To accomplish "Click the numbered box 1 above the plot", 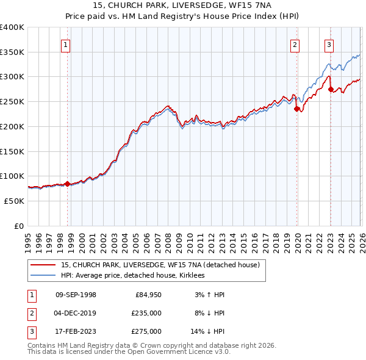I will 65,44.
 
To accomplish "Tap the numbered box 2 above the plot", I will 295,44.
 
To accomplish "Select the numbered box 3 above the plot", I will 329,44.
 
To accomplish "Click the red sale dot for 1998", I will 68,183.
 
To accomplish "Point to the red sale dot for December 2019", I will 297,109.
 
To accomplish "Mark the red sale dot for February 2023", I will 331,89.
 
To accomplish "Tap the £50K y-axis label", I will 15,201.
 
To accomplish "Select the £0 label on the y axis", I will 19,226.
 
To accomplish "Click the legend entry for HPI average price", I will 132,276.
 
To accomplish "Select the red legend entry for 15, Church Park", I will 160,265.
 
